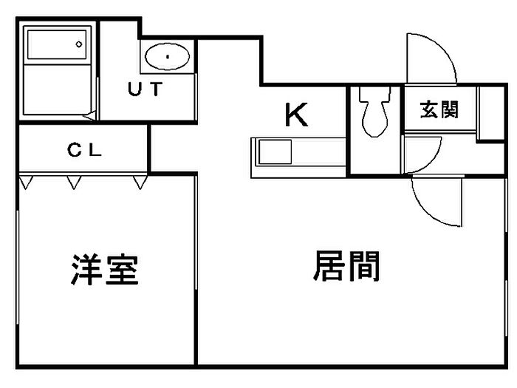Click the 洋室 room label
105,270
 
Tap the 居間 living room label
346,266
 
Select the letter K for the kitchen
296,115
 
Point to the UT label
145,89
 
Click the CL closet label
84,150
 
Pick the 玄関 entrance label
439,109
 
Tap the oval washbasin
167,56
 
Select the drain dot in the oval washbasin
168,57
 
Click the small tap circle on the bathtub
79,44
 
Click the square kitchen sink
275,152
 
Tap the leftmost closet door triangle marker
26,183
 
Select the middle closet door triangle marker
74,183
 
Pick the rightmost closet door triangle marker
140,183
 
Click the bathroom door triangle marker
89,115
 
